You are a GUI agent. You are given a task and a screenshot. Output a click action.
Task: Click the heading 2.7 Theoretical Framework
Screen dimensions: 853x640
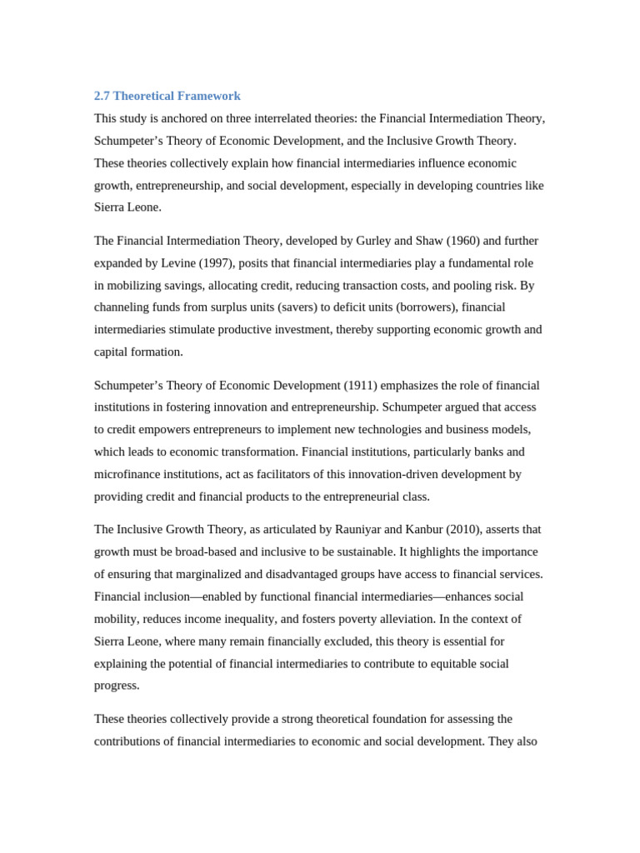coord(167,96)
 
